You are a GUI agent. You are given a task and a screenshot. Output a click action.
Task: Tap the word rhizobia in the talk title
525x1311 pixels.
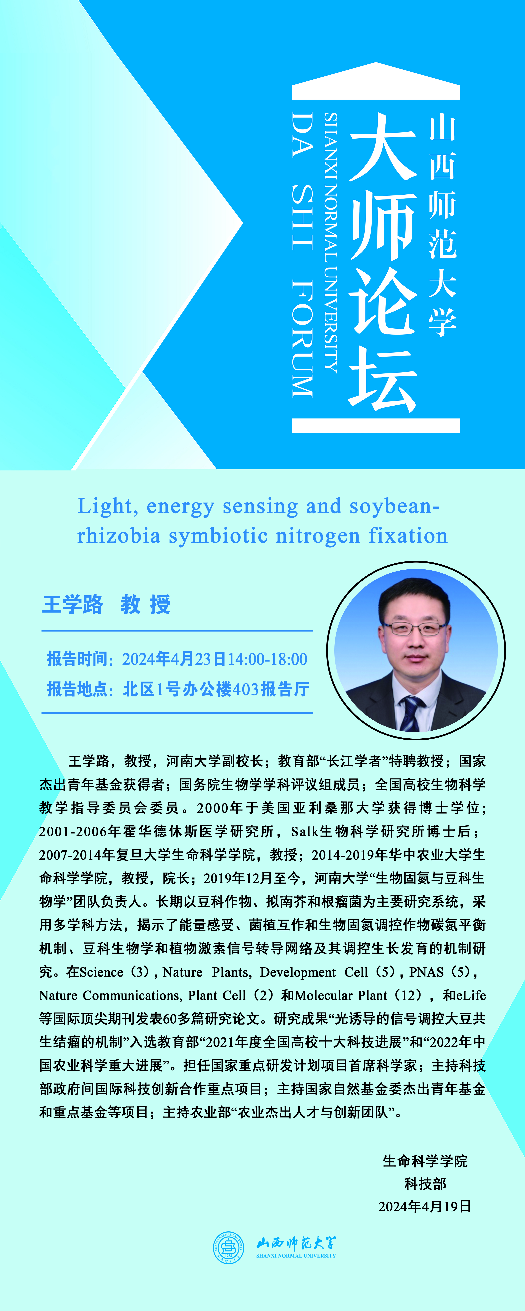pyautogui.click(x=119, y=536)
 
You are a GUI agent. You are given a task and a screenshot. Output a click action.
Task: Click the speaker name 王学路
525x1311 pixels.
pyautogui.click(x=72, y=605)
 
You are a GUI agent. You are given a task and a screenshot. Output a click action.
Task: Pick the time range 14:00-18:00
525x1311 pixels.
pyautogui.click(x=267, y=659)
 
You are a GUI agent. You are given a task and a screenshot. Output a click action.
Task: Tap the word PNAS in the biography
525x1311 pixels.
pyautogui.click(x=427, y=972)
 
